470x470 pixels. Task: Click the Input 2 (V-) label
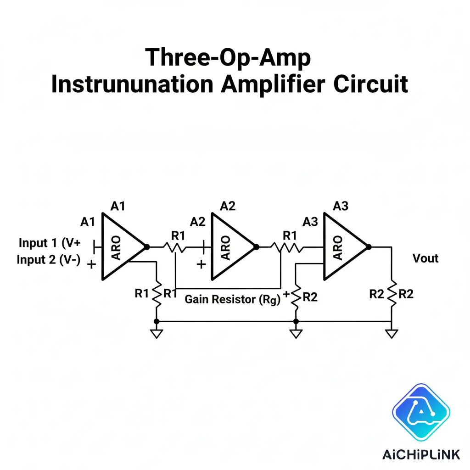coord(49,260)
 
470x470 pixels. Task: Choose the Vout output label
coord(425,258)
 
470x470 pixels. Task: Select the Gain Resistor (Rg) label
coord(232,300)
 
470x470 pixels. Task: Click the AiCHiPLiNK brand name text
coord(421,454)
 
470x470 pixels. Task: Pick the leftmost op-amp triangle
coord(120,246)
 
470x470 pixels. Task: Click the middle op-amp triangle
coord(230,246)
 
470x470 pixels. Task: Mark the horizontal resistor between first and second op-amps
coord(176,247)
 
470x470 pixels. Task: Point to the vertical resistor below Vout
coord(392,294)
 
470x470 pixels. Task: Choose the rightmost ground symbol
coord(392,333)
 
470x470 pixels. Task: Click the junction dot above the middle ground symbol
coord(296,321)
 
